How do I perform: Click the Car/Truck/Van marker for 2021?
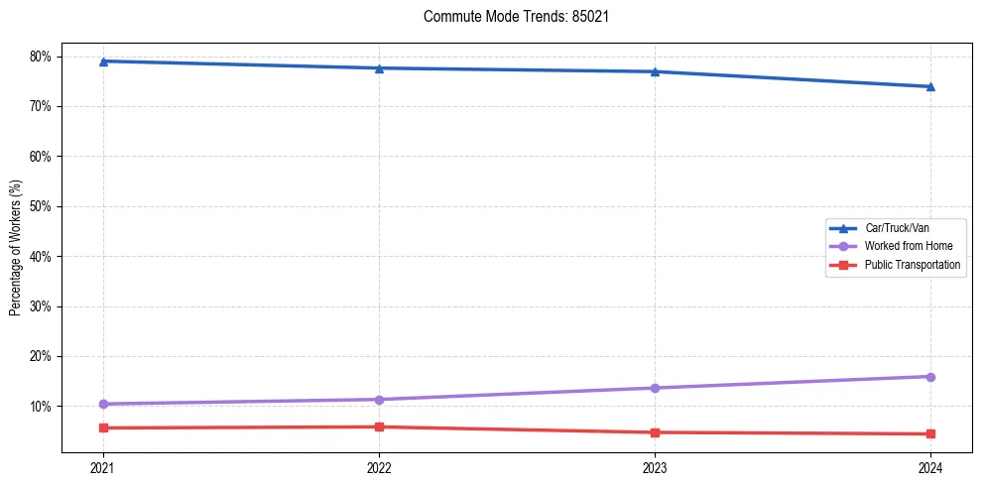click(x=103, y=61)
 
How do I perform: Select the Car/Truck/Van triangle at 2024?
click(x=930, y=86)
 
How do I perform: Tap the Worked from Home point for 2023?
click(x=655, y=388)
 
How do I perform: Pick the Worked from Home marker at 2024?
click(x=930, y=377)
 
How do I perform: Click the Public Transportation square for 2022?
click(x=379, y=426)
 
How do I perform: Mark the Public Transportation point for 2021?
click(x=103, y=427)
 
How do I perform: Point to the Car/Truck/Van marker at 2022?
click(x=379, y=67)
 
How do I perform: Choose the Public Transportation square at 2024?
click(x=930, y=433)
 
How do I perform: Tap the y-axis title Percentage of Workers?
click(x=16, y=248)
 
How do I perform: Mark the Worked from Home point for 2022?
click(x=379, y=400)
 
